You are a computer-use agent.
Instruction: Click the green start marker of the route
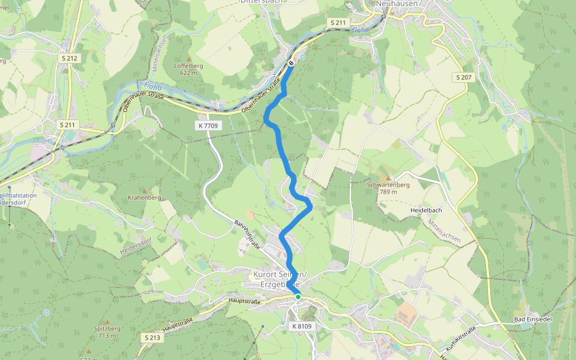coord(298,296)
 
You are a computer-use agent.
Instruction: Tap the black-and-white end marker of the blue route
coord(291,63)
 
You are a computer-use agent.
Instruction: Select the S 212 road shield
coord(70,58)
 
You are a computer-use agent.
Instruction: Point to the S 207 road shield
coord(464,77)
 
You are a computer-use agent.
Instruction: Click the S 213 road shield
coord(152,338)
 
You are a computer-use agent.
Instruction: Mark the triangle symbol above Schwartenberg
coord(388,178)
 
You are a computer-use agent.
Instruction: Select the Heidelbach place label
coord(427,211)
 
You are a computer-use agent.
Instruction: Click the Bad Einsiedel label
coord(535,319)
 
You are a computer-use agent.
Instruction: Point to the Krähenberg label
coord(145,197)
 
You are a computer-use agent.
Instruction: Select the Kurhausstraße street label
coord(461,338)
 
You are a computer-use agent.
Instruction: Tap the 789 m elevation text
coord(389,191)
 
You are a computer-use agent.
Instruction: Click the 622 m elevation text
coord(189,72)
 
